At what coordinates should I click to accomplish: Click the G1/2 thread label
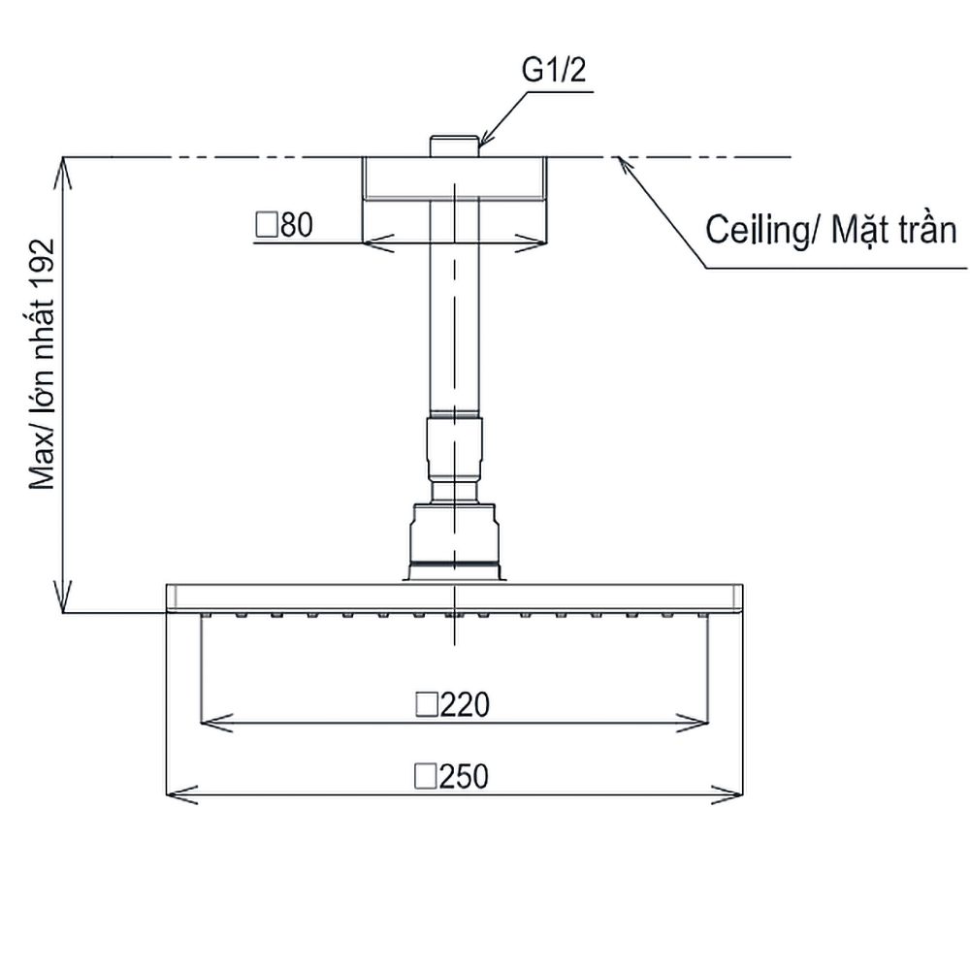554,70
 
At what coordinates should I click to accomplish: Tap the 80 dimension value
297,225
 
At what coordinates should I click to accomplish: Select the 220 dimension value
465,704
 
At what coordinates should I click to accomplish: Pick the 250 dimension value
464,776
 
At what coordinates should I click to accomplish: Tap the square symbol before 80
267,225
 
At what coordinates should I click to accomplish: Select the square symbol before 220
427,704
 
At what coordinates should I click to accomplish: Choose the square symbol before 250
426,776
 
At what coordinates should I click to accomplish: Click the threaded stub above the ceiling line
455,146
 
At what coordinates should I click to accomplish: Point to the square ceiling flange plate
455,178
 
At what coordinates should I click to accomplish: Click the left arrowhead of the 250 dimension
181,795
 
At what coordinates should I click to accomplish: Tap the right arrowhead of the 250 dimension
727,795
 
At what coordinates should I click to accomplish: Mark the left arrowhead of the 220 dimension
216,723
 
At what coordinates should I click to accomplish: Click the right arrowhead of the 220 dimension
693,723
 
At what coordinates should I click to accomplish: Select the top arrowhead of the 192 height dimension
63,173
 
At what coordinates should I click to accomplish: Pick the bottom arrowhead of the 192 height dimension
63,597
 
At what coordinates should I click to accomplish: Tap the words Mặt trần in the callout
893,230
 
